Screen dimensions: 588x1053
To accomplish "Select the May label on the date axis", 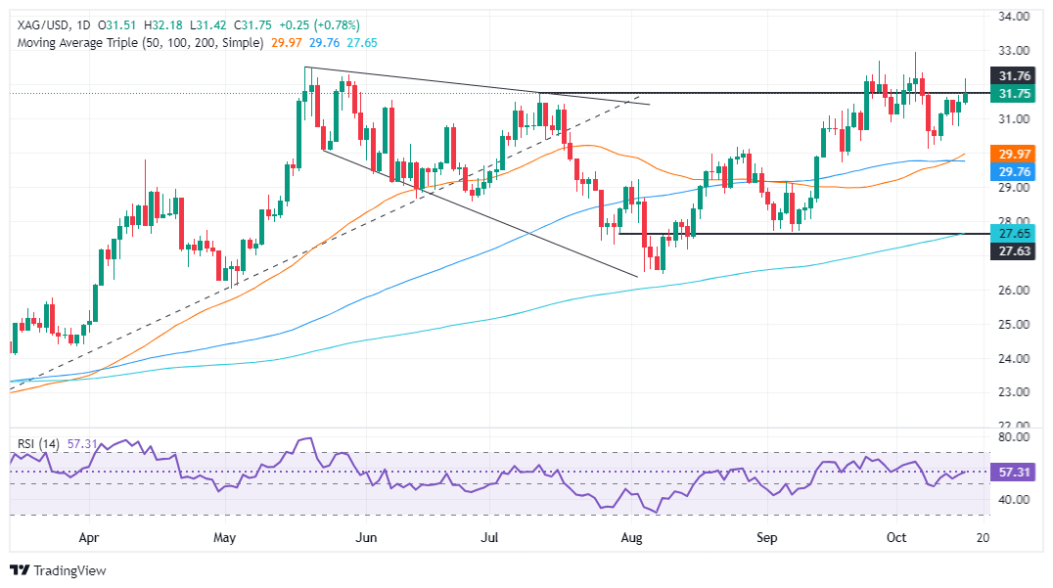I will tap(225, 537).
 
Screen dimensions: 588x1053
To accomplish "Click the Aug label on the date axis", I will tap(631, 537).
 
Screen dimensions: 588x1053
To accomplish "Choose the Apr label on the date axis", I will tap(88, 537).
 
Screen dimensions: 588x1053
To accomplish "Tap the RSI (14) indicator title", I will tap(38, 443).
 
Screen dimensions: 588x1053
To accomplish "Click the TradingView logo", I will tap(58, 570).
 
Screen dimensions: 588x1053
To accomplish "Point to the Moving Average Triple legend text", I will tap(138, 42).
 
